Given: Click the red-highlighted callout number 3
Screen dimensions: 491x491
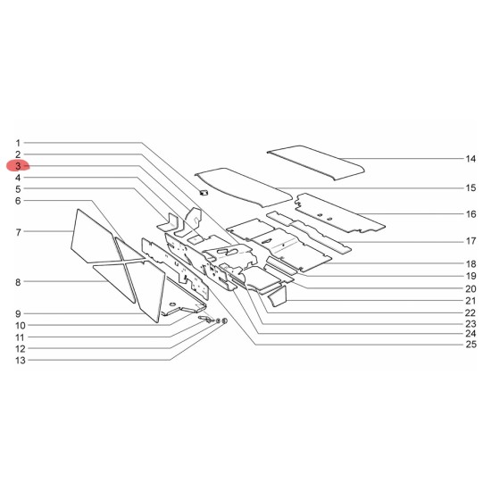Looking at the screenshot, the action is pos(18,166).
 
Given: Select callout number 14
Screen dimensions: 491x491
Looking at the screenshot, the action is pos(470,159).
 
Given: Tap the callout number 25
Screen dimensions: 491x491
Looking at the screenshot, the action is pos(470,344).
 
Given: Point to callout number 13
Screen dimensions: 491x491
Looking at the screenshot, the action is pos(21,360).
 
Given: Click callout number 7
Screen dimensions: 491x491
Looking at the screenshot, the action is pos(18,232).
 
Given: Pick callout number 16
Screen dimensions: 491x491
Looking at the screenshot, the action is pos(470,214).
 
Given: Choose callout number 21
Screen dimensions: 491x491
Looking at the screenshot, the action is pos(470,301).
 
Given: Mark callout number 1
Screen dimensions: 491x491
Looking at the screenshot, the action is pos(18,143).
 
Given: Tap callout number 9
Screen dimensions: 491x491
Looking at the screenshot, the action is pos(18,313).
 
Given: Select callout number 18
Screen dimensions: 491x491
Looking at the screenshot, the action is pos(470,264).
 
